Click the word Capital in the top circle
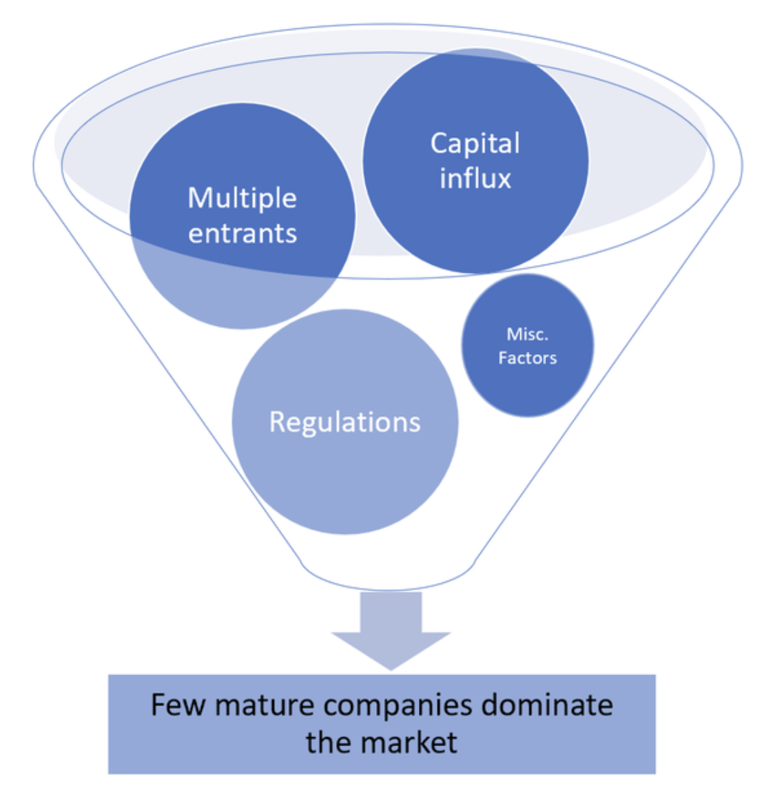click(475, 143)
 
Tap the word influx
click(475, 178)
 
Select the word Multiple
click(243, 198)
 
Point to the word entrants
click(243, 234)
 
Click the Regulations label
click(344, 422)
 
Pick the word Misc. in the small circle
click(527, 334)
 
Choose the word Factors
click(527, 358)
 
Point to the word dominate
click(546, 705)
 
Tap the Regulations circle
click(344, 482)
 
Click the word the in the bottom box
click(329, 742)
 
